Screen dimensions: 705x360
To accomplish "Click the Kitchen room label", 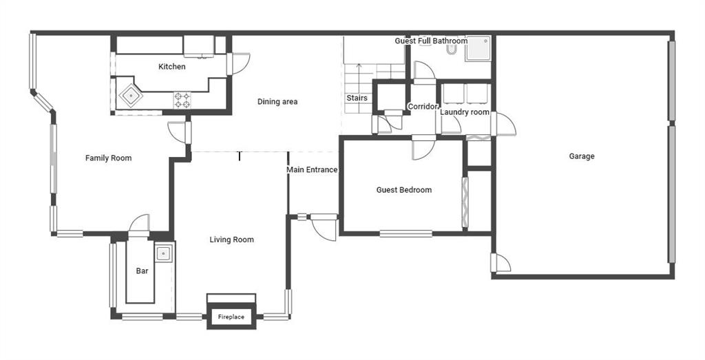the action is pos(171,67).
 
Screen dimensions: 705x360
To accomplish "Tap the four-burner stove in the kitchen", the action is pos(182,100).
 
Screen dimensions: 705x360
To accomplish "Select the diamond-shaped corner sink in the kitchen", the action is pos(131,96).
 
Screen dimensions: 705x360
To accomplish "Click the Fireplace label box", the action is pos(231,317).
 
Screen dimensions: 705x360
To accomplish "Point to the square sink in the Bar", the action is pos(162,254).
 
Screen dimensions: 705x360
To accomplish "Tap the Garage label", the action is pos(582,156).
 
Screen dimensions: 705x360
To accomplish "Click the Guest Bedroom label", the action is pos(403,190).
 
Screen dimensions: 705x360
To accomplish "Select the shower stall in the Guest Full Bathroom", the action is pos(478,49).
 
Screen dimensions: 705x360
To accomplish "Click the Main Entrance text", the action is pos(312,170).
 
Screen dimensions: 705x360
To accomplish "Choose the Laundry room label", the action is pos(465,112).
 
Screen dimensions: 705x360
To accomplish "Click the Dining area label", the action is pos(277,102).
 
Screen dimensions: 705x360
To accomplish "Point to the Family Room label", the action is pos(108,158).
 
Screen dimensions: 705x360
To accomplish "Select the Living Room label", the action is pos(231,240).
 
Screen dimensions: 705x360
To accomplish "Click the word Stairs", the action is pos(357,98).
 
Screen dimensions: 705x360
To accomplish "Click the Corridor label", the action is pos(422,107).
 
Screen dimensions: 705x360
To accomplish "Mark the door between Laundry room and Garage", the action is pos(503,124).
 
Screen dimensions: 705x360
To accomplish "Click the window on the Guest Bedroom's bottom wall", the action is pos(406,233).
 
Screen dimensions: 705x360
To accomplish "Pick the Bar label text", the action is pos(142,271).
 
